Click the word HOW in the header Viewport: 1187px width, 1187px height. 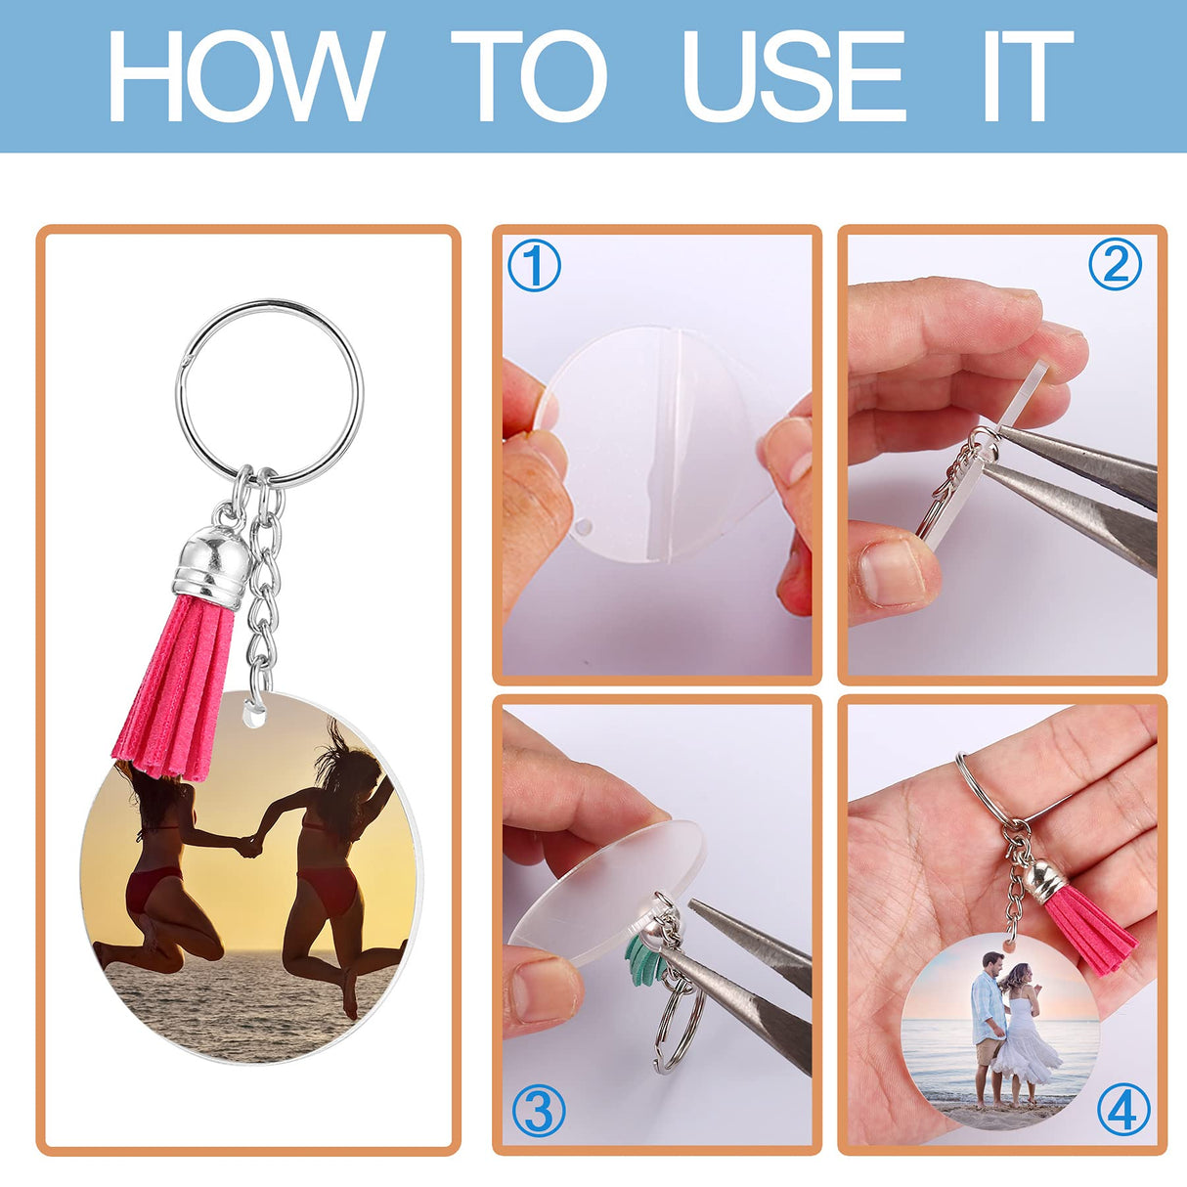pos(244,75)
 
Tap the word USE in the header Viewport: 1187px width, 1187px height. pos(793,75)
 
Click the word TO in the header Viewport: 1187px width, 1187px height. pos(529,75)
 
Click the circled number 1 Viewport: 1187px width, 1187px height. pos(534,265)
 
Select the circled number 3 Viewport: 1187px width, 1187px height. pos(539,1111)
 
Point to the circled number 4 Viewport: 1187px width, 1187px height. pos(1123,1110)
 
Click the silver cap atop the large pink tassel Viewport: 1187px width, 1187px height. pos(212,563)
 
